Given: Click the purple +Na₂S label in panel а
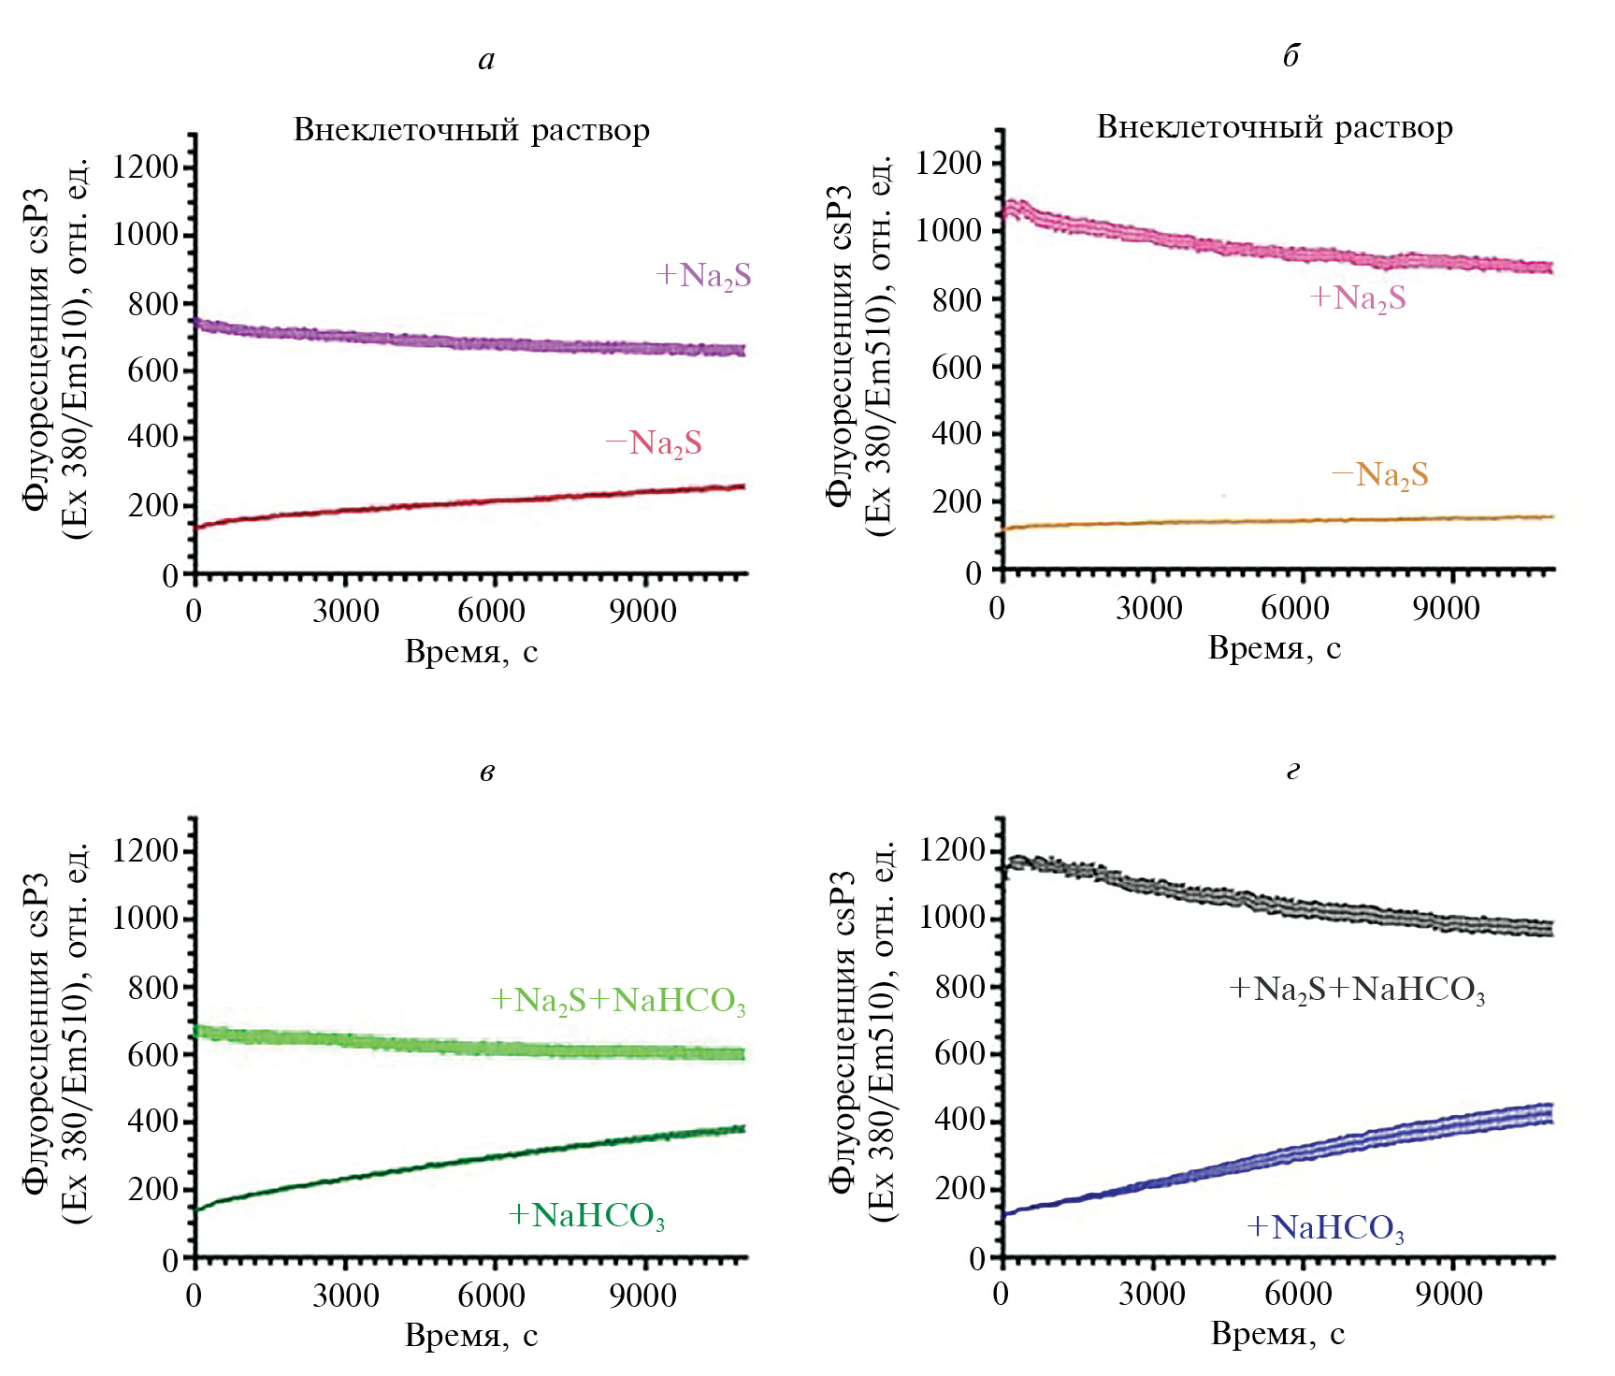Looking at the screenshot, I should click(x=703, y=276).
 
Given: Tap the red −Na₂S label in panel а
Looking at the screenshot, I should click(x=654, y=443).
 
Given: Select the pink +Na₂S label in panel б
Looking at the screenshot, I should click(x=1358, y=298).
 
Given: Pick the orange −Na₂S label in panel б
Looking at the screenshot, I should click(x=1380, y=475).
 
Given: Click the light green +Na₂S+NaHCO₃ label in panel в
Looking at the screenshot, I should click(x=618, y=1001).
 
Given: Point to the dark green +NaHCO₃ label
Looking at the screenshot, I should click(x=586, y=1216).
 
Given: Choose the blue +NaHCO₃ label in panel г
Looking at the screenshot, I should click(x=1326, y=1227).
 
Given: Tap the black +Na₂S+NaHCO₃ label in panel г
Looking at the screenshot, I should click(x=1357, y=990).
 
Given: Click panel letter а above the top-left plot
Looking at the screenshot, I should click(x=486, y=60).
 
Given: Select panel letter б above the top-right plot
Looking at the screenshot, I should click(x=1291, y=56).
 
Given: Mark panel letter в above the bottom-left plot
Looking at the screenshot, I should click(x=486, y=772).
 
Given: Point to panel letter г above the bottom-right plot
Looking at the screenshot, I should click(x=1292, y=771).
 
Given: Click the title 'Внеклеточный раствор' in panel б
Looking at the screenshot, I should click(x=1275, y=127).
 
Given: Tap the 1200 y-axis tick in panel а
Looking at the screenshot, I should click(x=145, y=167).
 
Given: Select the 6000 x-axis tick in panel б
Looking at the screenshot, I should click(x=1294, y=609).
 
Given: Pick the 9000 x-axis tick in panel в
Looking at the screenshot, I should click(x=642, y=1296).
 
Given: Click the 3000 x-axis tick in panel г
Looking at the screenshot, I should click(x=1152, y=1295).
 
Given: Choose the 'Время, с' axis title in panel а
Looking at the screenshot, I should click(x=471, y=651).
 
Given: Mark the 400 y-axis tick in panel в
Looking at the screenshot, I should click(x=152, y=1122).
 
